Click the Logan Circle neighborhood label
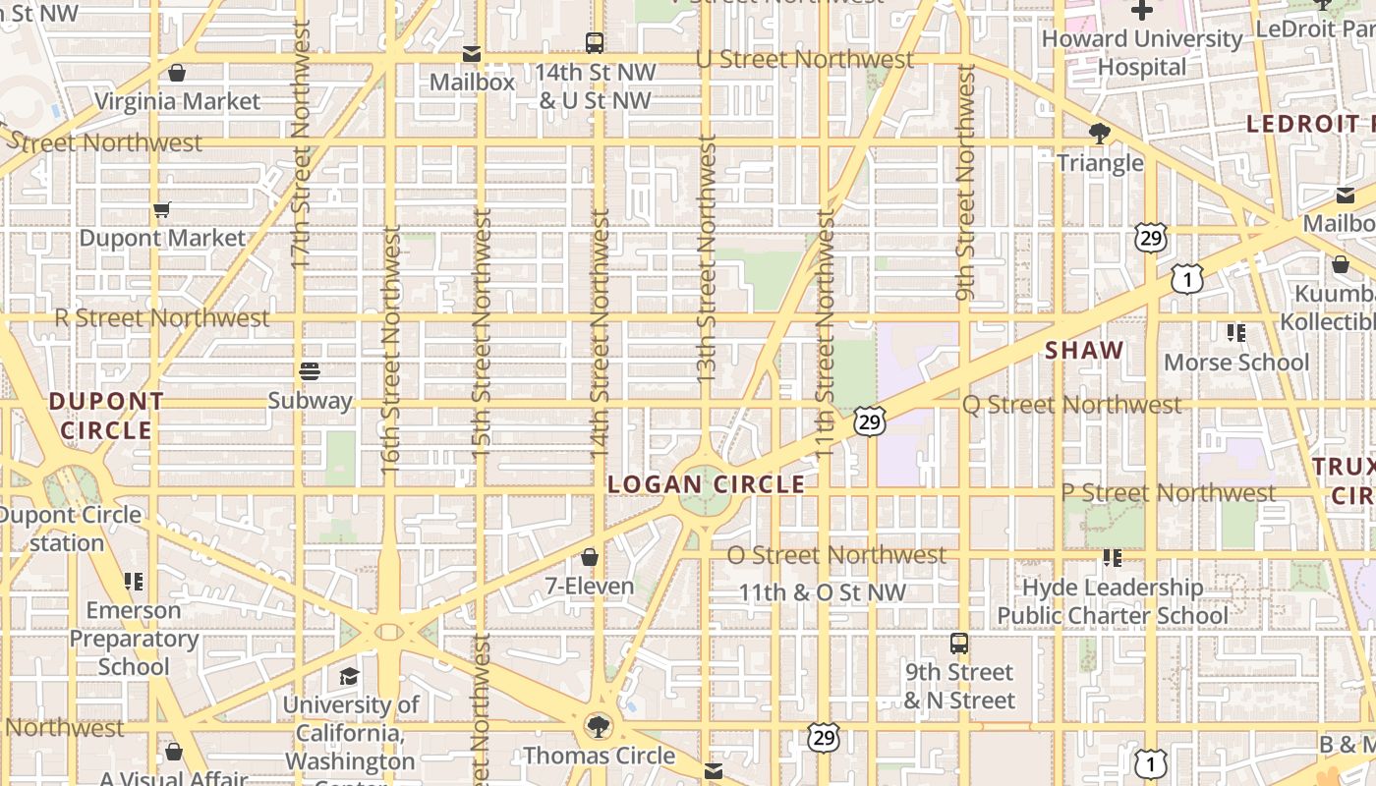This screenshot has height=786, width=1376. click(706, 484)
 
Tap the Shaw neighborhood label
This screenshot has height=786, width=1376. click(1084, 351)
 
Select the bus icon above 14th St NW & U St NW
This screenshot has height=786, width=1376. click(595, 43)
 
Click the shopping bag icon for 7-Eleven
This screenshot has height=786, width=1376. click(590, 558)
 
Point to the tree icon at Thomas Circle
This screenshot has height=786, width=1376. click(598, 727)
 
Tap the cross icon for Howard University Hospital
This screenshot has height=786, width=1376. click(1142, 11)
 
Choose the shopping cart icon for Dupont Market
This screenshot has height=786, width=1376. click(162, 209)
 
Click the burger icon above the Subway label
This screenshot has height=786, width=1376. click(310, 371)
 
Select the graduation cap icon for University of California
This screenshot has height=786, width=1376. click(350, 676)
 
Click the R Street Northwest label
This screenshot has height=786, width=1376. click(162, 318)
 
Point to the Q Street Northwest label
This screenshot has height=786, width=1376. click(1071, 405)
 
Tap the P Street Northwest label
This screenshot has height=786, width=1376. click(1169, 492)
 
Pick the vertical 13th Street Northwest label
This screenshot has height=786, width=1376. click(707, 258)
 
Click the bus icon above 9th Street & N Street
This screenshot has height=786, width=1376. click(959, 645)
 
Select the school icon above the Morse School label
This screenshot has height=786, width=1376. click(1236, 333)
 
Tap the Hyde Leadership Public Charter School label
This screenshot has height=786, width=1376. click(1113, 601)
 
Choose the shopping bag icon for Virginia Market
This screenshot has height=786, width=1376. click(177, 73)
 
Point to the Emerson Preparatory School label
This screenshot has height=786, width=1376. click(134, 638)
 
